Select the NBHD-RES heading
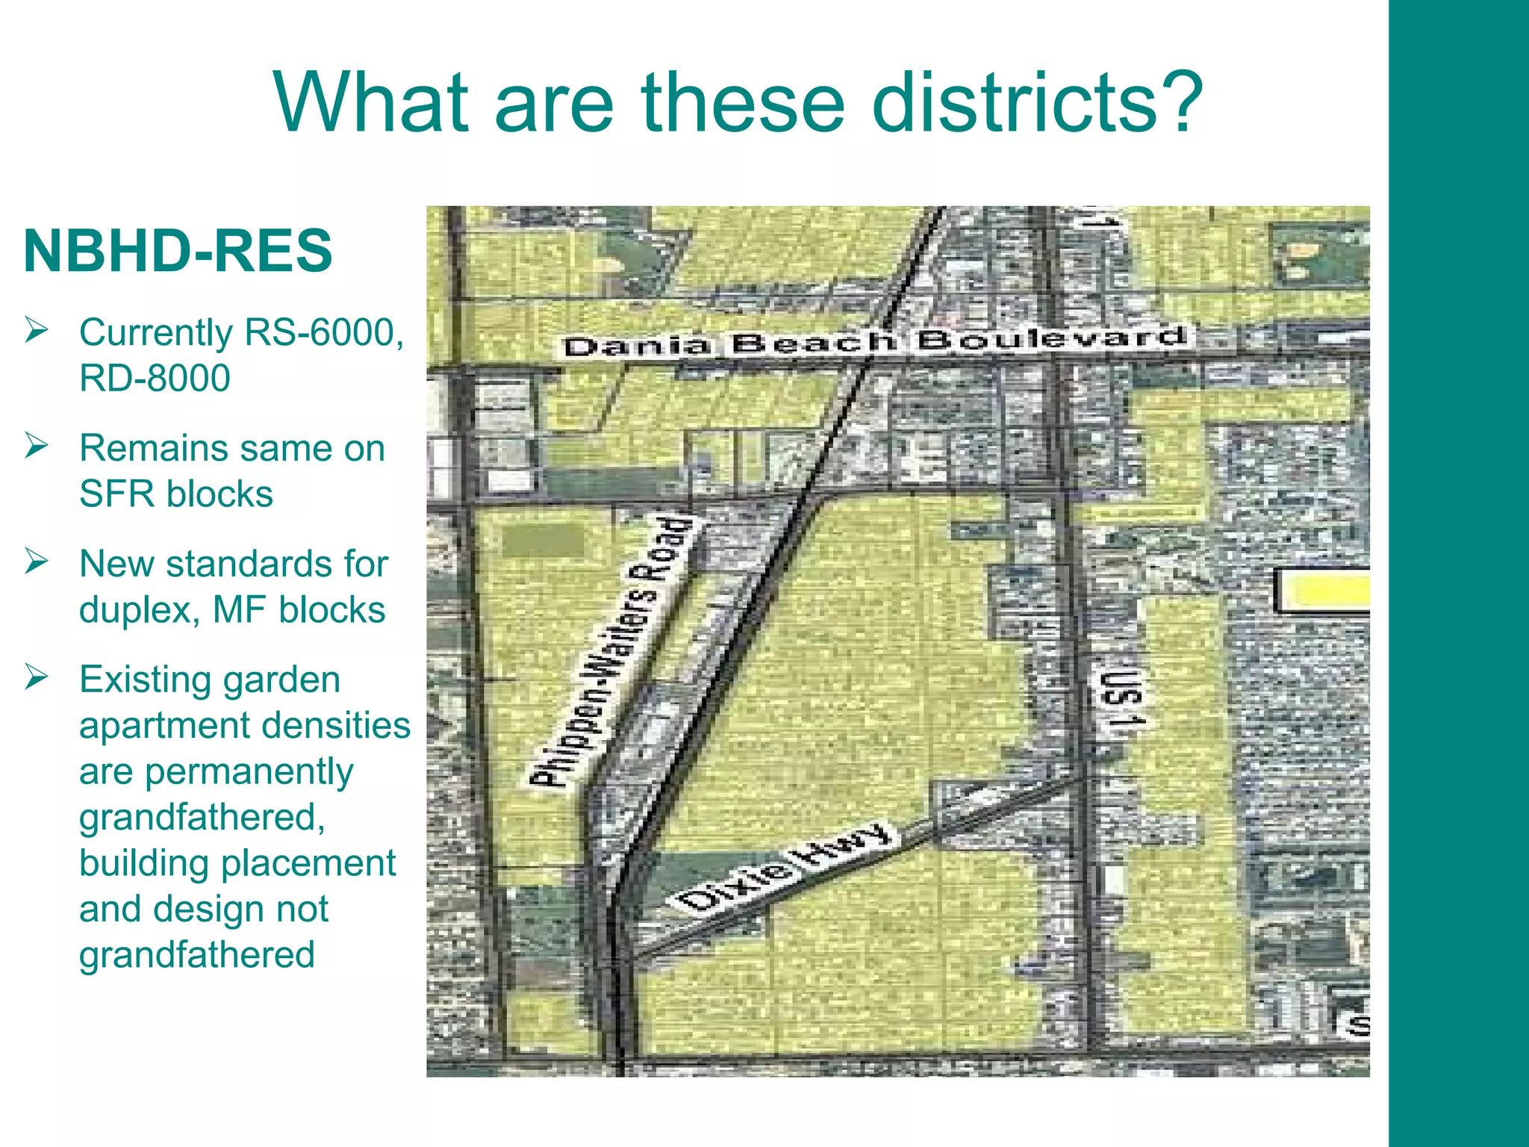tap(178, 251)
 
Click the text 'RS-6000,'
tap(323, 332)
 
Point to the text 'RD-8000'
tap(155, 378)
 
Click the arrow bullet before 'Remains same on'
tap(36, 447)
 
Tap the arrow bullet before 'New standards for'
tap(36, 562)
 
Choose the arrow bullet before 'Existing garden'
tap(36, 677)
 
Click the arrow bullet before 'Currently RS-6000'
tap(36, 330)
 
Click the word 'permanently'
tap(249, 772)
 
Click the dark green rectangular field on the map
tap(544, 540)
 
